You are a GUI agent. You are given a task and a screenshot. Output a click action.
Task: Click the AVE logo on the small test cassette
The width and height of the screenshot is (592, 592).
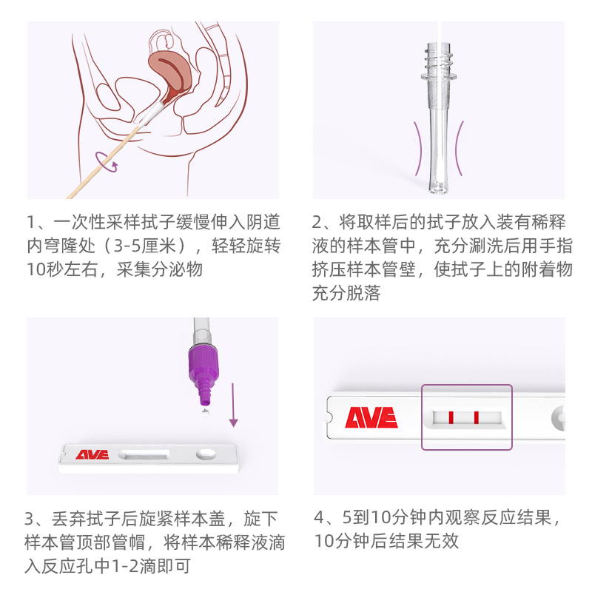(92, 454)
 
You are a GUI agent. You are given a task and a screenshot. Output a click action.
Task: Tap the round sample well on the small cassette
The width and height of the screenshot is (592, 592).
(205, 453)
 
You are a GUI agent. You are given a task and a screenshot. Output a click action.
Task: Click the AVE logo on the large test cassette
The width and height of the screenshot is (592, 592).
(371, 418)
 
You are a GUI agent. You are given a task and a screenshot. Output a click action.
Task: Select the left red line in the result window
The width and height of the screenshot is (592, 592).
(450, 418)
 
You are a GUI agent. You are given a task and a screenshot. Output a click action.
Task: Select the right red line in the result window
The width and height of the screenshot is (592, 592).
(476, 418)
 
